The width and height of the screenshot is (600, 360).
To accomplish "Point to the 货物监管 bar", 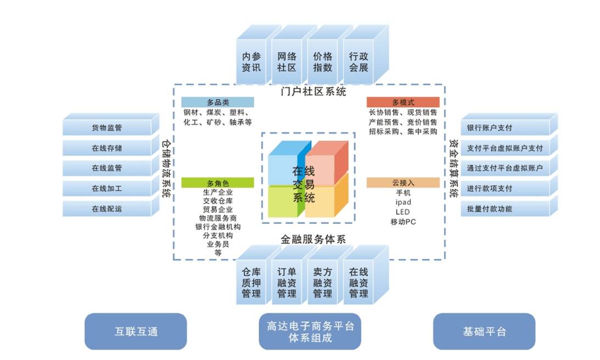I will [107, 128].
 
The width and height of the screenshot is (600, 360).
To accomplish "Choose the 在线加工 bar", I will [107, 189].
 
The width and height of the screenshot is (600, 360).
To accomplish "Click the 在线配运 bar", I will [107, 209].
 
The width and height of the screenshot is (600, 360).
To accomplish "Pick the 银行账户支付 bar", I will [489, 128].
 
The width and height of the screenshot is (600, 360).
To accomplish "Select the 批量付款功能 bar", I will [489, 209].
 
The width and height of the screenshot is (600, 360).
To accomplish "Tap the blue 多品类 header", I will [217, 103].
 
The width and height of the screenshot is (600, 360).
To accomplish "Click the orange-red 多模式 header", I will [403, 103].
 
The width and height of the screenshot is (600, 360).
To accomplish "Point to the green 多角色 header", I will [217, 183].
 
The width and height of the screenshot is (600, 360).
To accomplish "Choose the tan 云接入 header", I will [403, 183].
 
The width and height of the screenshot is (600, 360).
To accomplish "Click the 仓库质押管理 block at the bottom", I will [251, 283].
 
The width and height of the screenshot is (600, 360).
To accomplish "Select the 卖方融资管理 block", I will [323, 283].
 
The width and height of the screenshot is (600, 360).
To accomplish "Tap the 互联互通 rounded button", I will [136, 331].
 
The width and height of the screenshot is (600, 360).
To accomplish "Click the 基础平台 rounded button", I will [484, 331].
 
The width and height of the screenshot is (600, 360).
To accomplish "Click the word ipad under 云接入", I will [403, 203].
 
